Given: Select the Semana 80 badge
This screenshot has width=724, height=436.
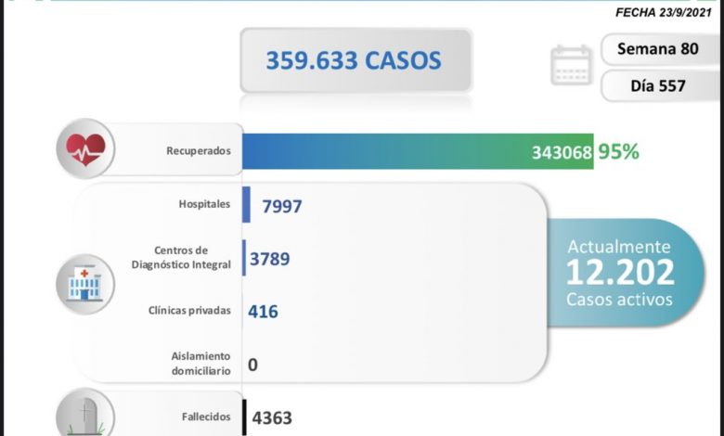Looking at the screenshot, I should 658,48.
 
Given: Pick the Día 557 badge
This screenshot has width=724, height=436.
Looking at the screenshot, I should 658,86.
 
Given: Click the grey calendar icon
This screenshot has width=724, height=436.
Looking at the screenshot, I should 570,66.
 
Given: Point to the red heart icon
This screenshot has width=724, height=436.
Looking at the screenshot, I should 85,148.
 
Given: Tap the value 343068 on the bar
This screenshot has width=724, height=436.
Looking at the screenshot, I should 562,152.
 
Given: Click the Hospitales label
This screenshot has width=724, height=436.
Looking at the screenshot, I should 202,204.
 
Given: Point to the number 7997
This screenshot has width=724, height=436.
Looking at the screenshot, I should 282,206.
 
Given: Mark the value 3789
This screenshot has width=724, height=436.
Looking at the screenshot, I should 269,259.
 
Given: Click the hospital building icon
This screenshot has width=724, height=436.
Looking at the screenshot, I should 85,282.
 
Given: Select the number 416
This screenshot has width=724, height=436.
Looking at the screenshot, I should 263,313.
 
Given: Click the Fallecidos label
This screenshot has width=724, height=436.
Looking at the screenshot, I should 204,417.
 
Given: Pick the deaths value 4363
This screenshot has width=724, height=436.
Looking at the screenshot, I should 270,418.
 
